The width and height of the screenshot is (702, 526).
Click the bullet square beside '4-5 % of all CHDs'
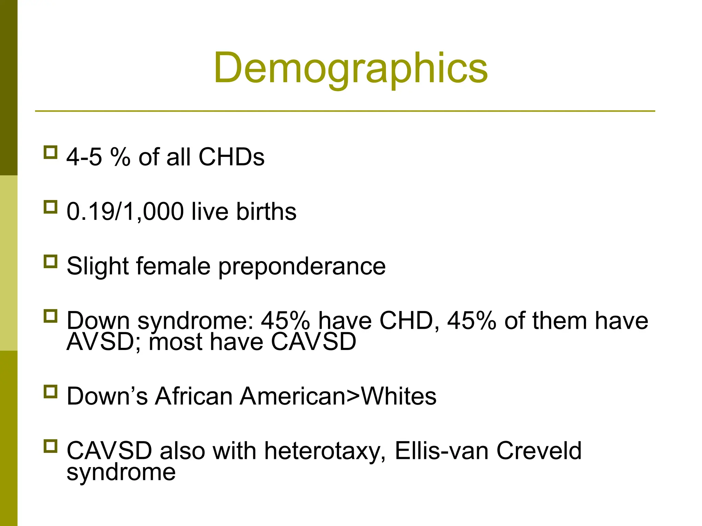pos(50,152)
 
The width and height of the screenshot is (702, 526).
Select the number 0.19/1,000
pos(125,212)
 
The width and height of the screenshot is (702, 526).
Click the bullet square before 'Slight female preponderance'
pos(50,262)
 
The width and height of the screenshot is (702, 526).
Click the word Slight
pos(97,266)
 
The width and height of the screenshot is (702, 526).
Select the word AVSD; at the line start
pos(103,342)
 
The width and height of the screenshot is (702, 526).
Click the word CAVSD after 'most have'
pos(314,342)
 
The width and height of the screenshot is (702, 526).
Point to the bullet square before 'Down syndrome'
pos(50,316)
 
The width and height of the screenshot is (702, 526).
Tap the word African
pos(193,396)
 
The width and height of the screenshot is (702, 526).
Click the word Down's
pos(107,396)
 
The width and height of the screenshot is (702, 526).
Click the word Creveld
pos(539,451)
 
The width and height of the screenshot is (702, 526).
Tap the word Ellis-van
pos(441,451)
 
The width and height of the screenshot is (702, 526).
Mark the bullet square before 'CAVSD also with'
pos(50,446)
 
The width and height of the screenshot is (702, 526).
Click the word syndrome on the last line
pos(121,473)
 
